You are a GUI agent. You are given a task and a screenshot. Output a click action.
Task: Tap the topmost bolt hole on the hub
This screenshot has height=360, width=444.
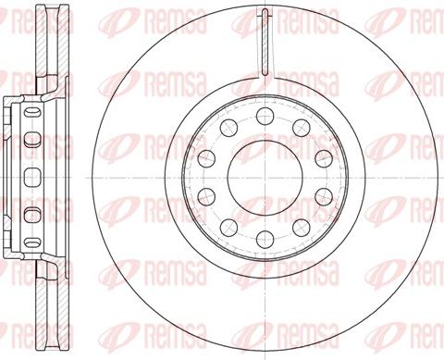coord(264,114)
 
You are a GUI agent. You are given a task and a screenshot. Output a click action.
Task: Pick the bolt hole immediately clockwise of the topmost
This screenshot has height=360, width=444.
coord(300,125)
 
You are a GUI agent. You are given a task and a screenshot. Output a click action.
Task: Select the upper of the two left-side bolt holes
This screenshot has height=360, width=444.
coord(205,156)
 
